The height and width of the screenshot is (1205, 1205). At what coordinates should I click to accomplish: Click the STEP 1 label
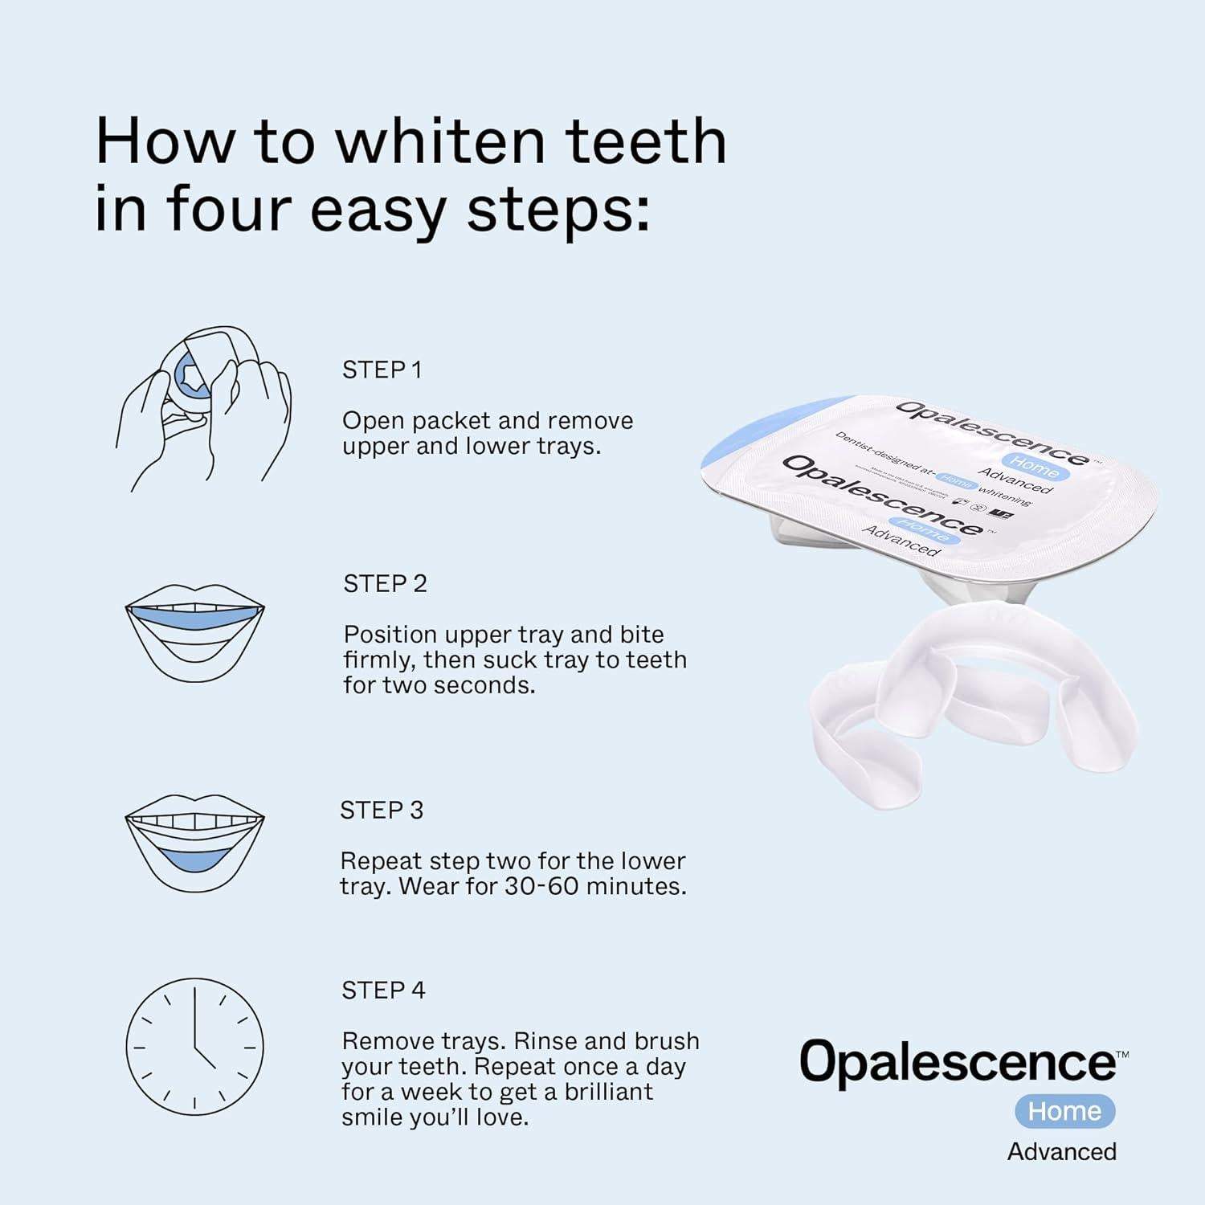coord(382,370)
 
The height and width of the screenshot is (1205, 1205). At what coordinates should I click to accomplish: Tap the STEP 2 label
coord(385,583)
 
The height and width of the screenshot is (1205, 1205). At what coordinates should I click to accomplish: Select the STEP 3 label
coord(381,810)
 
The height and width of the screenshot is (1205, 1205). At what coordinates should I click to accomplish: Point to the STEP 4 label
coord(383,990)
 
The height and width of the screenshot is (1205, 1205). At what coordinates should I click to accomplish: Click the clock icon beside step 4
coord(194,1047)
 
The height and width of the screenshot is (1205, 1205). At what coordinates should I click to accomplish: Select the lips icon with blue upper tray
coord(194,632)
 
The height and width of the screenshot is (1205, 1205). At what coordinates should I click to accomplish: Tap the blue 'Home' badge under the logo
coord(1064,1111)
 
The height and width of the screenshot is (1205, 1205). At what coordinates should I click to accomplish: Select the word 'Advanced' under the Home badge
coord(1061,1151)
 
